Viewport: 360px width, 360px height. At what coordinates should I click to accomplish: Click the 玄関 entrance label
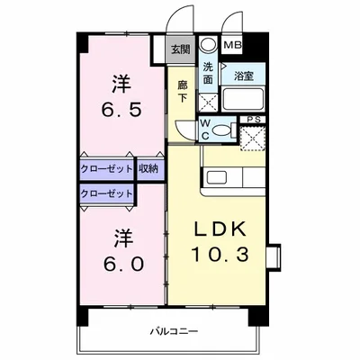tap(180, 50)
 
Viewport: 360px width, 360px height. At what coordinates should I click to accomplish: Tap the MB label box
tap(232, 43)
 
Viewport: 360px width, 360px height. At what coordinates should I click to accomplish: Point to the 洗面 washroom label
tap(208, 73)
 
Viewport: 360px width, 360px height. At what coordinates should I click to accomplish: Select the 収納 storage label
tap(149, 168)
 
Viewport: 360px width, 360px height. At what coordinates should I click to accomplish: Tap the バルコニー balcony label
tap(175, 332)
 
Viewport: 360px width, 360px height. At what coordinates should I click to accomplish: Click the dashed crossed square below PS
tap(254, 139)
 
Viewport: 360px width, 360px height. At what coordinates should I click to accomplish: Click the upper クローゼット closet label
tap(106, 168)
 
